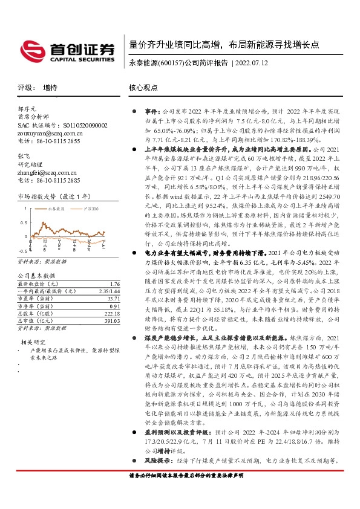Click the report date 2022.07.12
pyautogui.click(x=251, y=63)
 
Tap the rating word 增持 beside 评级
pyautogui.click(x=50, y=88)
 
